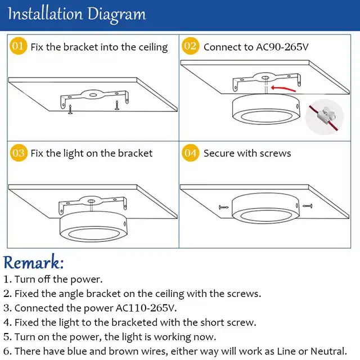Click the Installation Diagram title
tap(76, 14)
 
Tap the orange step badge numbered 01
tap(19, 47)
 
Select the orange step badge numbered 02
tap(191, 47)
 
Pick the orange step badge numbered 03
tap(19, 152)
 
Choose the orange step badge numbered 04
tap(191, 152)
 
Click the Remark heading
tap(34, 262)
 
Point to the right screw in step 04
tap(307, 206)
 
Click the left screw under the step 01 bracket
tap(71, 109)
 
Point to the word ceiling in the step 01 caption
tap(150, 47)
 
